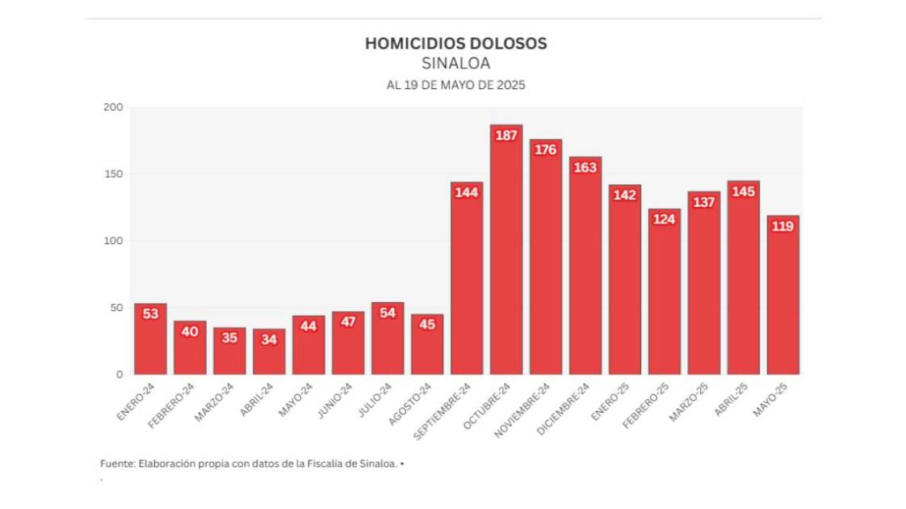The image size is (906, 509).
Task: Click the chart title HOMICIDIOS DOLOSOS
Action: (x=455, y=44)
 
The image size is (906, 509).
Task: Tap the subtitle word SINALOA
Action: (x=455, y=64)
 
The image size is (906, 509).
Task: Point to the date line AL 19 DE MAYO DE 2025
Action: (x=455, y=84)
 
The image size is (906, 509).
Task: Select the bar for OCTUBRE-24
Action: (x=506, y=259)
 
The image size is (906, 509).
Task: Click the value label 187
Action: (x=506, y=136)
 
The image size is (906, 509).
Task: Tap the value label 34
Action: (x=269, y=339)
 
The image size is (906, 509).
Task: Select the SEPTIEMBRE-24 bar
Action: (x=467, y=283)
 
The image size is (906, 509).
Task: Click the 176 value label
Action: (x=546, y=149)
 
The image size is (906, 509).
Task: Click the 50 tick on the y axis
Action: (x=116, y=308)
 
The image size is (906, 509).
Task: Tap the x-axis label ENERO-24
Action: (x=136, y=402)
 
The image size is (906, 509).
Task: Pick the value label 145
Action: (x=744, y=191)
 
